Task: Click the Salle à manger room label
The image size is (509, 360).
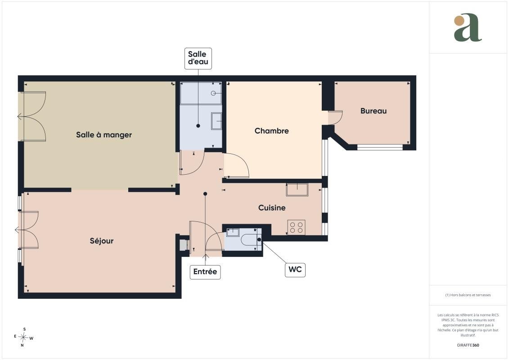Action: (104, 135)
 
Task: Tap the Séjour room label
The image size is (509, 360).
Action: (102, 241)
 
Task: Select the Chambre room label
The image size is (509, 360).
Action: (272, 131)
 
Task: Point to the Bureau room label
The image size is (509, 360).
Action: (373, 111)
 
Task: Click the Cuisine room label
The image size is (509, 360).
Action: (272, 208)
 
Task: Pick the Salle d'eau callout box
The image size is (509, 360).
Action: (198, 58)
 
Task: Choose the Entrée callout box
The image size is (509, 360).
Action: (205, 272)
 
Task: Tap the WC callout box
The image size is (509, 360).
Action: (295, 270)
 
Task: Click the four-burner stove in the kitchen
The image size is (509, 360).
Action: (297, 227)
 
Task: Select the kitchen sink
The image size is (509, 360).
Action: (297, 189)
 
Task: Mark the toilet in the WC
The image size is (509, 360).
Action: (252, 239)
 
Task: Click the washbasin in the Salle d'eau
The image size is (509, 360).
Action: (216, 121)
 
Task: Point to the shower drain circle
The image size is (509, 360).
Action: (213, 93)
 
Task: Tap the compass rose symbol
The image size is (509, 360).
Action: (23, 337)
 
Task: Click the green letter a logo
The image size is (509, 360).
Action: (468, 27)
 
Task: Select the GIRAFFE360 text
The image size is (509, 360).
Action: (468, 345)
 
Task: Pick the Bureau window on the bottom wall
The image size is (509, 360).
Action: (380, 147)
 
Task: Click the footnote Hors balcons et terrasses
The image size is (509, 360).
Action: (468, 295)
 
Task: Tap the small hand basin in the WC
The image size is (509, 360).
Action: (232, 232)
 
